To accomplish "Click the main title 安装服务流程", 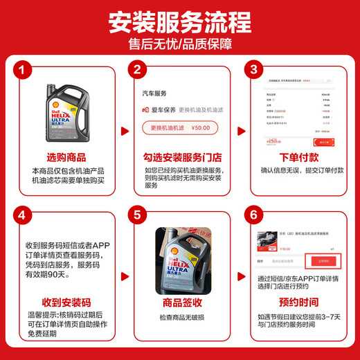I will pos(179,22).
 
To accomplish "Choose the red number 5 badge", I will pos(137,215).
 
